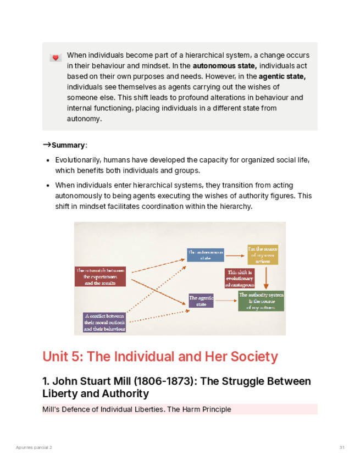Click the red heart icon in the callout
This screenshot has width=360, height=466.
click(55, 57)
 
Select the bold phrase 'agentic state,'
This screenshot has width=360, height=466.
click(282, 76)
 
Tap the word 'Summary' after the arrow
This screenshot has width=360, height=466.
click(69, 146)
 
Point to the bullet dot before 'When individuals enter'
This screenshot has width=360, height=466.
click(48, 186)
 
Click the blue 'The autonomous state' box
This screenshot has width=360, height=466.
click(205, 254)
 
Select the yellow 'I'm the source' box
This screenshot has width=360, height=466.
click(262, 254)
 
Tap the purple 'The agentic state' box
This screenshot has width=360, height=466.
click(201, 301)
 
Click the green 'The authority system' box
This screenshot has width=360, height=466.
click(261, 301)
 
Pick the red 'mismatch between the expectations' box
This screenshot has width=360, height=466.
click(101, 276)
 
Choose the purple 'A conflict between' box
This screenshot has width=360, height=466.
click(104, 322)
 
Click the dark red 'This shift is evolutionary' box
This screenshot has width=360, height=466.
click(240, 278)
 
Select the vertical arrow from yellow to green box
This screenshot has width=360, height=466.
click(267, 278)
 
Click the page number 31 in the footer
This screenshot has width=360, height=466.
click(341, 448)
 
